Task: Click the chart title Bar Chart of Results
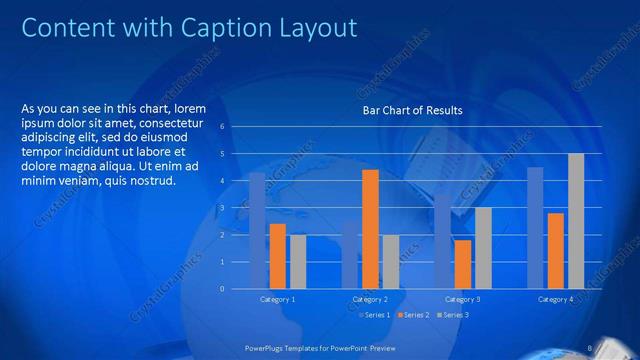coord(412,110)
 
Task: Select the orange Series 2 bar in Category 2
coord(370,229)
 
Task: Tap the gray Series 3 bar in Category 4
coord(576,221)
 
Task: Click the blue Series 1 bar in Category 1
coord(257,230)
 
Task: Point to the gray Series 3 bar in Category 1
coord(298,261)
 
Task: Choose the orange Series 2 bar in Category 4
coord(556,250)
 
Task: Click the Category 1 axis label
coord(277,299)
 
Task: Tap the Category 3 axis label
coord(463,299)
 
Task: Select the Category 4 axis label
coord(555,299)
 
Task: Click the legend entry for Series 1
coord(375,316)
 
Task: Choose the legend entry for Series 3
coord(452,316)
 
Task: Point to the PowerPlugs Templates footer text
coord(320,347)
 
